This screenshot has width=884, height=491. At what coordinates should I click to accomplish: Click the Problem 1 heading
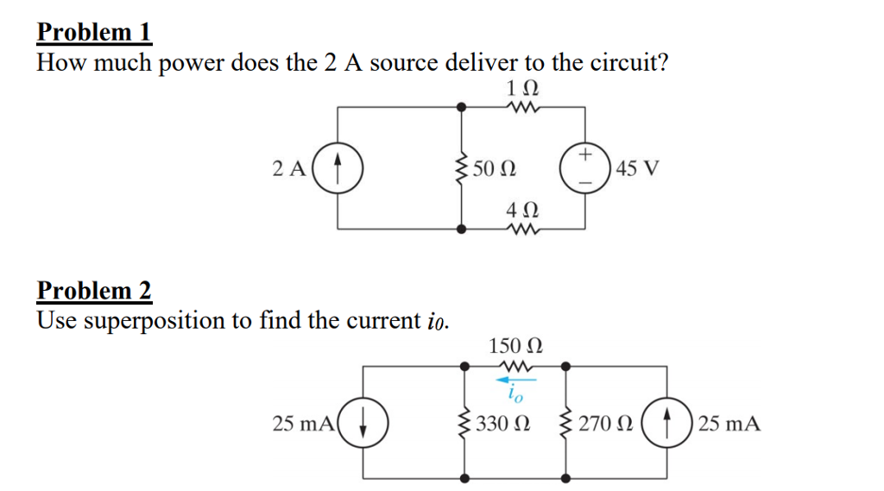pyautogui.click(x=94, y=32)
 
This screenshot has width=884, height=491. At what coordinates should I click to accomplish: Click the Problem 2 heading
pyautogui.click(x=94, y=291)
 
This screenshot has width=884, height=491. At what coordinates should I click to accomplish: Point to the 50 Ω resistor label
pyautogui.click(x=496, y=167)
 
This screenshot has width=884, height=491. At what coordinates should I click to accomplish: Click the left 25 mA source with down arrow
pyautogui.click(x=363, y=423)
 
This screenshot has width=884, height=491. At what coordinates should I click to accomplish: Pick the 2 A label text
pyautogui.click(x=288, y=167)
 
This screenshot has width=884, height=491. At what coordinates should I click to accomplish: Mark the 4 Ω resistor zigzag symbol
pyautogui.click(x=524, y=229)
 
